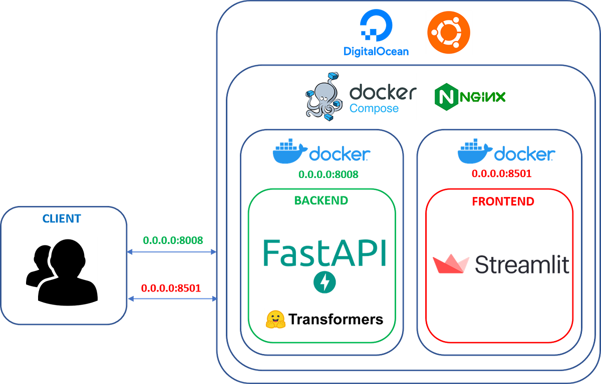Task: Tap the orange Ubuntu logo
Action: click(x=447, y=33)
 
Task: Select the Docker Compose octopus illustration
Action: click(x=323, y=96)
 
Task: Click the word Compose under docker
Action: click(x=374, y=108)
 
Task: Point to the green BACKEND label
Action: click(x=321, y=200)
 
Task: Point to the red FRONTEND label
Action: click(x=503, y=201)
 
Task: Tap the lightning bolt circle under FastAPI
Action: click(x=324, y=282)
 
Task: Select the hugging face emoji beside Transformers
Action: click(x=276, y=319)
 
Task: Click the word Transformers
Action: click(x=336, y=319)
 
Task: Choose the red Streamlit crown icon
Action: click(x=451, y=264)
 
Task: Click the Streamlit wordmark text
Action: click(x=521, y=264)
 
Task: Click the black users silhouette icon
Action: click(x=62, y=272)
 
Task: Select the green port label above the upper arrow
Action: click(x=173, y=240)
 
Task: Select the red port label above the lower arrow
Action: click(x=171, y=287)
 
